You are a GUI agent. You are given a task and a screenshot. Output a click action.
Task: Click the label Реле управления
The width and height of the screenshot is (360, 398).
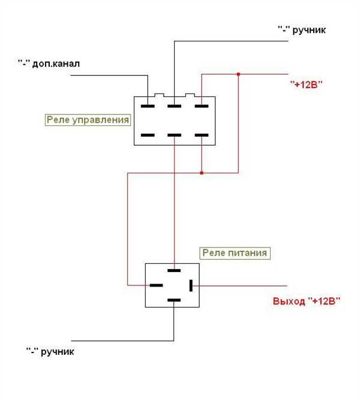[88, 120]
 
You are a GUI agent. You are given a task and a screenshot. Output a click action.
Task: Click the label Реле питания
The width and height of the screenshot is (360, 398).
[235, 253]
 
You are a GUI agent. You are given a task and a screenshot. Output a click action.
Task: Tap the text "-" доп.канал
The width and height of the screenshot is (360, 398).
[49, 64]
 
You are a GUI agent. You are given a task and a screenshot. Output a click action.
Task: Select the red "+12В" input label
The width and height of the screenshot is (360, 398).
[307, 84]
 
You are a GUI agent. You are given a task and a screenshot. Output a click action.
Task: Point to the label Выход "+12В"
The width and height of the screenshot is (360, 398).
[307, 301]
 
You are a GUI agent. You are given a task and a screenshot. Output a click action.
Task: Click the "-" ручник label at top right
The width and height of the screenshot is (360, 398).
[302, 30]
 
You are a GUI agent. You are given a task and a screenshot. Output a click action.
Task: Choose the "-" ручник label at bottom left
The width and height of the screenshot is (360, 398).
[50, 352]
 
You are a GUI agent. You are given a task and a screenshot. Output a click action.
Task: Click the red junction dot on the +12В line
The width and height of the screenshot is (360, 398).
[238, 74]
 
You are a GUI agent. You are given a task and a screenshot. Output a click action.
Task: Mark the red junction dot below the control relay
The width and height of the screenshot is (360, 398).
[202, 173]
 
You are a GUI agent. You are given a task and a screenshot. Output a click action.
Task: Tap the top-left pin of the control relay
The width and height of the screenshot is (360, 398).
[148, 106]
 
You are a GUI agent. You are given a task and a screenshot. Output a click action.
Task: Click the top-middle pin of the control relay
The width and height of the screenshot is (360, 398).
[174, 106]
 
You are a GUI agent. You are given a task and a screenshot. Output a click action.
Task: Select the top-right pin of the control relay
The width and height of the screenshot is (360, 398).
[202, 106]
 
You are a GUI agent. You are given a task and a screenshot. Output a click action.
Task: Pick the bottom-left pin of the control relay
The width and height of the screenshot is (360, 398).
[148, 135]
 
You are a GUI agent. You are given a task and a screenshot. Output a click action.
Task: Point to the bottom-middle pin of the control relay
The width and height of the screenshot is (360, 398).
[174, 135]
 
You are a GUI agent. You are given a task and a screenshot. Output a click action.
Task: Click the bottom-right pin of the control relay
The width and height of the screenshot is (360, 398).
[202, 135]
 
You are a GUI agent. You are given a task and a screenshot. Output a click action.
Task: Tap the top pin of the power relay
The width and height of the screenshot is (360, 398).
[174, 270]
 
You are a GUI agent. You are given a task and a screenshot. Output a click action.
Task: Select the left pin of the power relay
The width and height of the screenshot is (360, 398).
[156, 285]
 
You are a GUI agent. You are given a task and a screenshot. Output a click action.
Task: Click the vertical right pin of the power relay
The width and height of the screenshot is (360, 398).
[191, 285]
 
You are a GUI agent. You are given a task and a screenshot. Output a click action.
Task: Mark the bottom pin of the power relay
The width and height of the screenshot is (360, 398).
[174, 300]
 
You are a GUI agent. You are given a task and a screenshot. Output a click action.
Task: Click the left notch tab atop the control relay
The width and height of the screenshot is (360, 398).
[159, 95]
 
